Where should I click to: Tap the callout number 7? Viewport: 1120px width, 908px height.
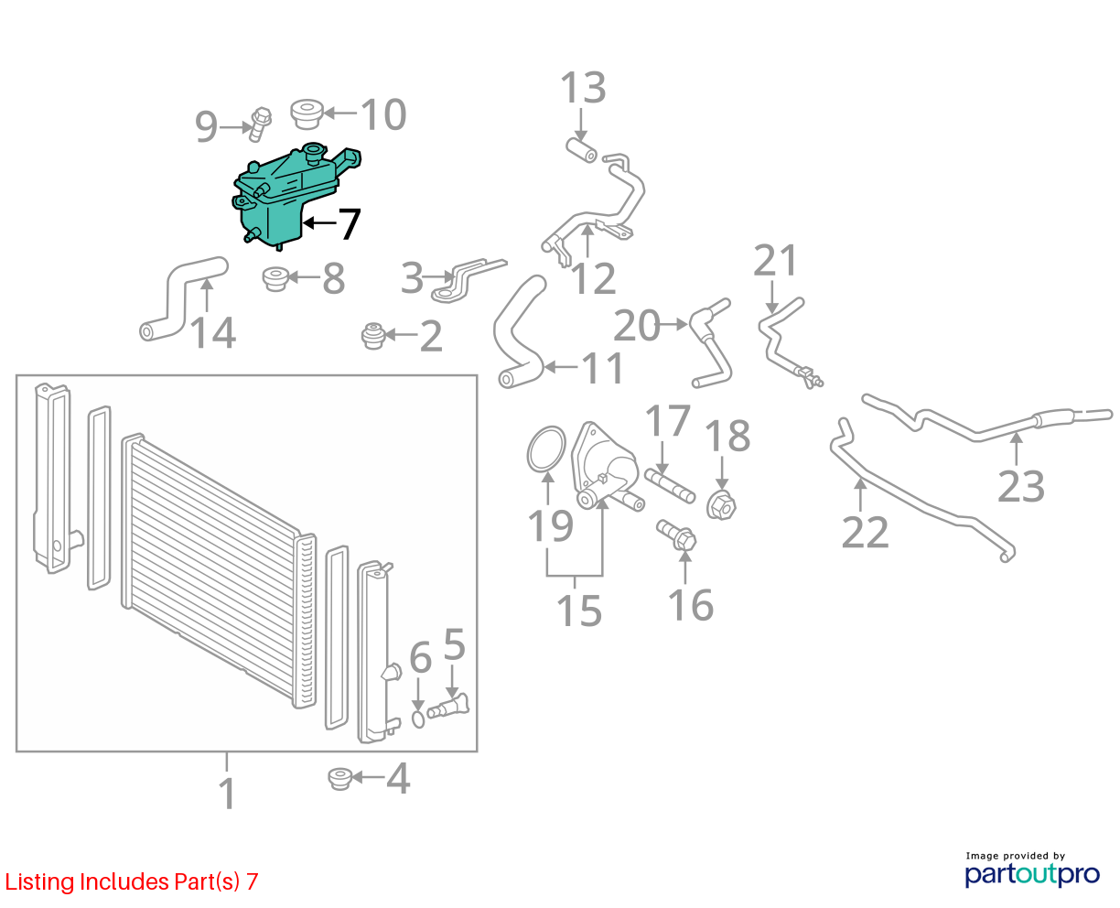pos(350,223)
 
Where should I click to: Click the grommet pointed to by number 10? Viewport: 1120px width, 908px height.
pos(307,113)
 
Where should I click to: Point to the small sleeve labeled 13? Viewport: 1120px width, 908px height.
pos(581,150)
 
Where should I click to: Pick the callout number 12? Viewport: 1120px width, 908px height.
pos(593,278)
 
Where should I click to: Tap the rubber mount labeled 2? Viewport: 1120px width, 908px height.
pos(374,336)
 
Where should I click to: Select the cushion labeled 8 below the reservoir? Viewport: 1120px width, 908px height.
pos(275,279)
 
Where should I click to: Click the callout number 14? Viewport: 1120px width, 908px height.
pos(213,332)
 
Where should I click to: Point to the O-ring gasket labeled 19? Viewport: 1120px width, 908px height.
pos(546,449)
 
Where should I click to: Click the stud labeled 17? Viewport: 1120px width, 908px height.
pos(670,486)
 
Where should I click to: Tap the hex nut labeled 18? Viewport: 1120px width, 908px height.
pos(721,504)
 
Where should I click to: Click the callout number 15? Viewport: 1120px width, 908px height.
pos(579,611)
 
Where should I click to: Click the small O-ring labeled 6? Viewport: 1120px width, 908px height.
pos(418,719)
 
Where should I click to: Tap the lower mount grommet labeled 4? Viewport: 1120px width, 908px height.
pos(339,779)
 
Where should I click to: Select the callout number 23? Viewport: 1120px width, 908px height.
pos(1020,487)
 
